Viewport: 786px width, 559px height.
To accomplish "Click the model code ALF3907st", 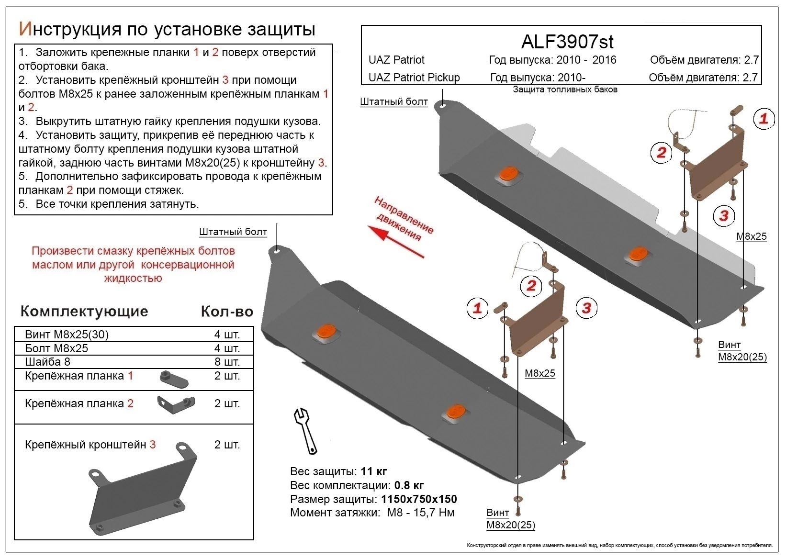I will click(x=567, y=42).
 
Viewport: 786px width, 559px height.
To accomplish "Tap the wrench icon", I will click(x=305, y=430).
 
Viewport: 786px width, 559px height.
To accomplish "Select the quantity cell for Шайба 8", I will click(x=227, y=362).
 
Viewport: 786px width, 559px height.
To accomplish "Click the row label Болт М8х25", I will click(x=56, y=348).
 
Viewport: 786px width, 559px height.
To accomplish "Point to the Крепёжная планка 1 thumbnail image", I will click(x=174, y=379).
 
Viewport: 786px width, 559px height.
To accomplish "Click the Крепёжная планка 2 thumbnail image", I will click(x=176, y=404).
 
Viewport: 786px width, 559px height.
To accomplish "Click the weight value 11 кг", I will click(x=374, y=471).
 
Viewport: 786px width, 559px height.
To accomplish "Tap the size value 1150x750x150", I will click(x=419, y=499).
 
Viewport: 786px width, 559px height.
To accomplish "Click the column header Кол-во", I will click(x=227, y=312).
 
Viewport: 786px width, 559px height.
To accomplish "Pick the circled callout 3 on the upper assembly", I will click(x=724, y=216).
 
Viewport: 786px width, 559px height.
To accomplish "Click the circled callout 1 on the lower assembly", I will click(x=477, y=308).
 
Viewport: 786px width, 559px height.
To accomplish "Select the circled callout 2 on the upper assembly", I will click(x=661, y=153).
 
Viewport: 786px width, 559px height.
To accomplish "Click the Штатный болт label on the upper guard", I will click(x=393, y=101).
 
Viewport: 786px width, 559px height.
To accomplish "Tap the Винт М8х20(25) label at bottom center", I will click(x=510, y=519).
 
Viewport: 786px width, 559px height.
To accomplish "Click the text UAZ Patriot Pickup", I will click(x=414, y=78).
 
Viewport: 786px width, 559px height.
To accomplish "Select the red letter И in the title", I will click(x=24, y=29).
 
